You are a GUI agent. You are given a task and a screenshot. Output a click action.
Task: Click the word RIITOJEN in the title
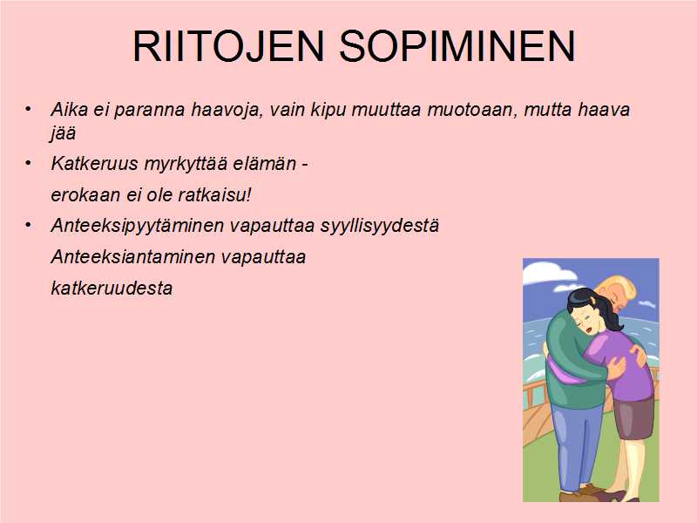[228, 46]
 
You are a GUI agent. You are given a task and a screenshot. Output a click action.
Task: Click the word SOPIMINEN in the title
[458, 46]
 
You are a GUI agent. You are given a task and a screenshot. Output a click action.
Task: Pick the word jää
[62, 133]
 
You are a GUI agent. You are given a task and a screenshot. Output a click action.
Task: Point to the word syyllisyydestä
[380, 227]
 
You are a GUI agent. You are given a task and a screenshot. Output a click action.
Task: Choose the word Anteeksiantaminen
[133, 256]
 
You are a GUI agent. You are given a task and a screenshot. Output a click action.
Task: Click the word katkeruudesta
[112, 289]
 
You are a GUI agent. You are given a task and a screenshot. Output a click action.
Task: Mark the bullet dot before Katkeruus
[28, 163]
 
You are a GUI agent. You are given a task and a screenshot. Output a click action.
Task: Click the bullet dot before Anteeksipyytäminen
[28, 225]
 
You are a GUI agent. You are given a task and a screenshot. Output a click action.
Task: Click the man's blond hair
[620, 287]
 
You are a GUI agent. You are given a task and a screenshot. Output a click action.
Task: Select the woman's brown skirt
[633, 417]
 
